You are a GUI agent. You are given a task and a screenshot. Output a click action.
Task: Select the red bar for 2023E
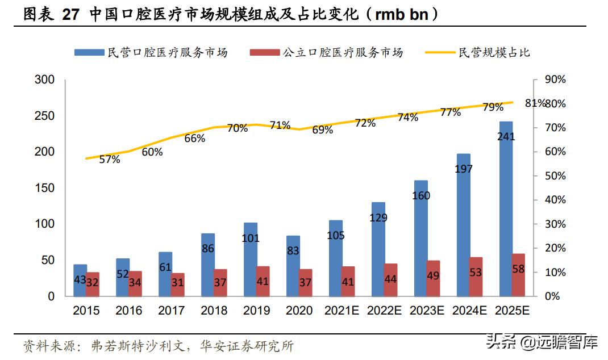(x=433, y=278)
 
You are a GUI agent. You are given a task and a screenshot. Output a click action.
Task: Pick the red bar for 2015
(x=93, y=284)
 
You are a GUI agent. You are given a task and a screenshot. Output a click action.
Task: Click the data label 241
(x=506, y=136)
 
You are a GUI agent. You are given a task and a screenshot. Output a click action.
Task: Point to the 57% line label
(x=110, y=160)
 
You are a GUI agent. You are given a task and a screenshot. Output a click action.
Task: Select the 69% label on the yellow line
(x=322, y=130)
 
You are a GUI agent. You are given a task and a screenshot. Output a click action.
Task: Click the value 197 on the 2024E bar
(x=464, y=169)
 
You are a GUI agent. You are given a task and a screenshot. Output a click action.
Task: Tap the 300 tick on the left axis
(x=44, y=80)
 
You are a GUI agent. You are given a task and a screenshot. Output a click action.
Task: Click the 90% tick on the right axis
(x=555, y=80)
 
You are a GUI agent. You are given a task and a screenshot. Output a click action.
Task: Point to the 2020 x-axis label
(x=299, y=311)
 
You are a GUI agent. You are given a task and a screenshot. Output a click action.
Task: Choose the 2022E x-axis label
(x=384, y=311)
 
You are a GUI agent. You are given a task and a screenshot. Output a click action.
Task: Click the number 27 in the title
(x=71, y=14)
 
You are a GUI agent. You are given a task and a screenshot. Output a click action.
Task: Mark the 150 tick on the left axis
(x=44, y=188)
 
